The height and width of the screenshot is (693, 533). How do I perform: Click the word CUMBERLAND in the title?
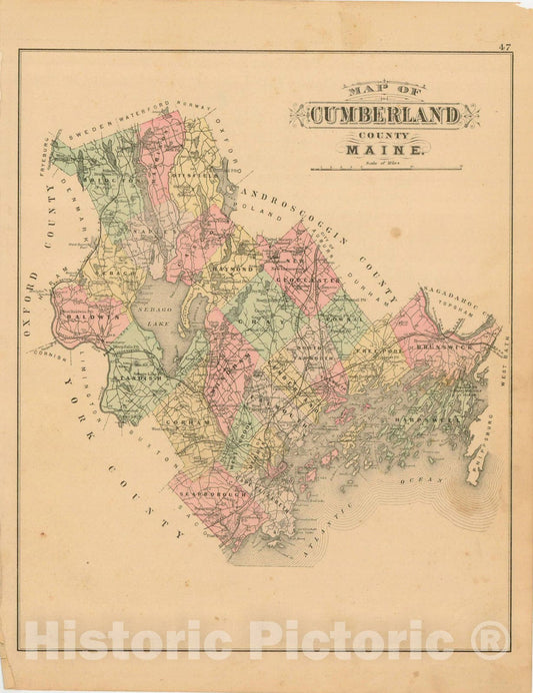click(x=384, y=115)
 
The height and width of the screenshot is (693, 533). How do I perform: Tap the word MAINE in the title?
click(x=384, y=150)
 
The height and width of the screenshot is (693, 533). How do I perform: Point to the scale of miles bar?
click(x=385, y=169)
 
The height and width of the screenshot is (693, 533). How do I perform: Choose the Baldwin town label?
click(x=86, y=317)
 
